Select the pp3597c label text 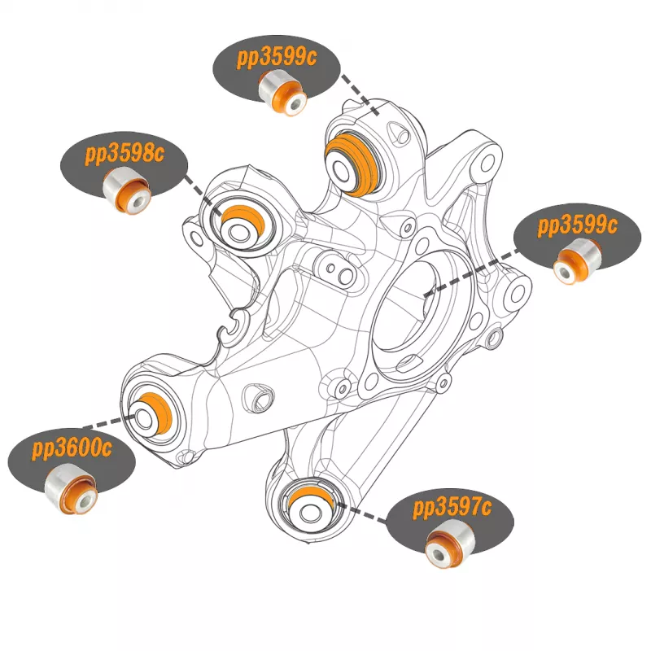click(x=452, y=510)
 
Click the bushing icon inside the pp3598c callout click(x=130, y=192)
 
